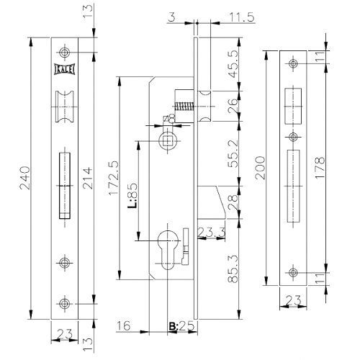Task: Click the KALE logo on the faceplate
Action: [x=64, y=69]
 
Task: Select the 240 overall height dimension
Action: [x=25, y=178]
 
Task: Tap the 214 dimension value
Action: [x=88, y=178]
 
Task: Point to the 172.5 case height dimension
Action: [x=113, y=178]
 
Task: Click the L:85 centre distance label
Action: [x=132, y=196]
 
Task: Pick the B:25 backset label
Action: [x=181, y=326]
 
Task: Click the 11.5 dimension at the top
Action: [x=242, y=17]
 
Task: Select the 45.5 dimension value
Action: [x=233, y=64]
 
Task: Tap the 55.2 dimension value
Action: [x=233, y=153]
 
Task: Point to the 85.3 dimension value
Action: [x=233, y=269]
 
